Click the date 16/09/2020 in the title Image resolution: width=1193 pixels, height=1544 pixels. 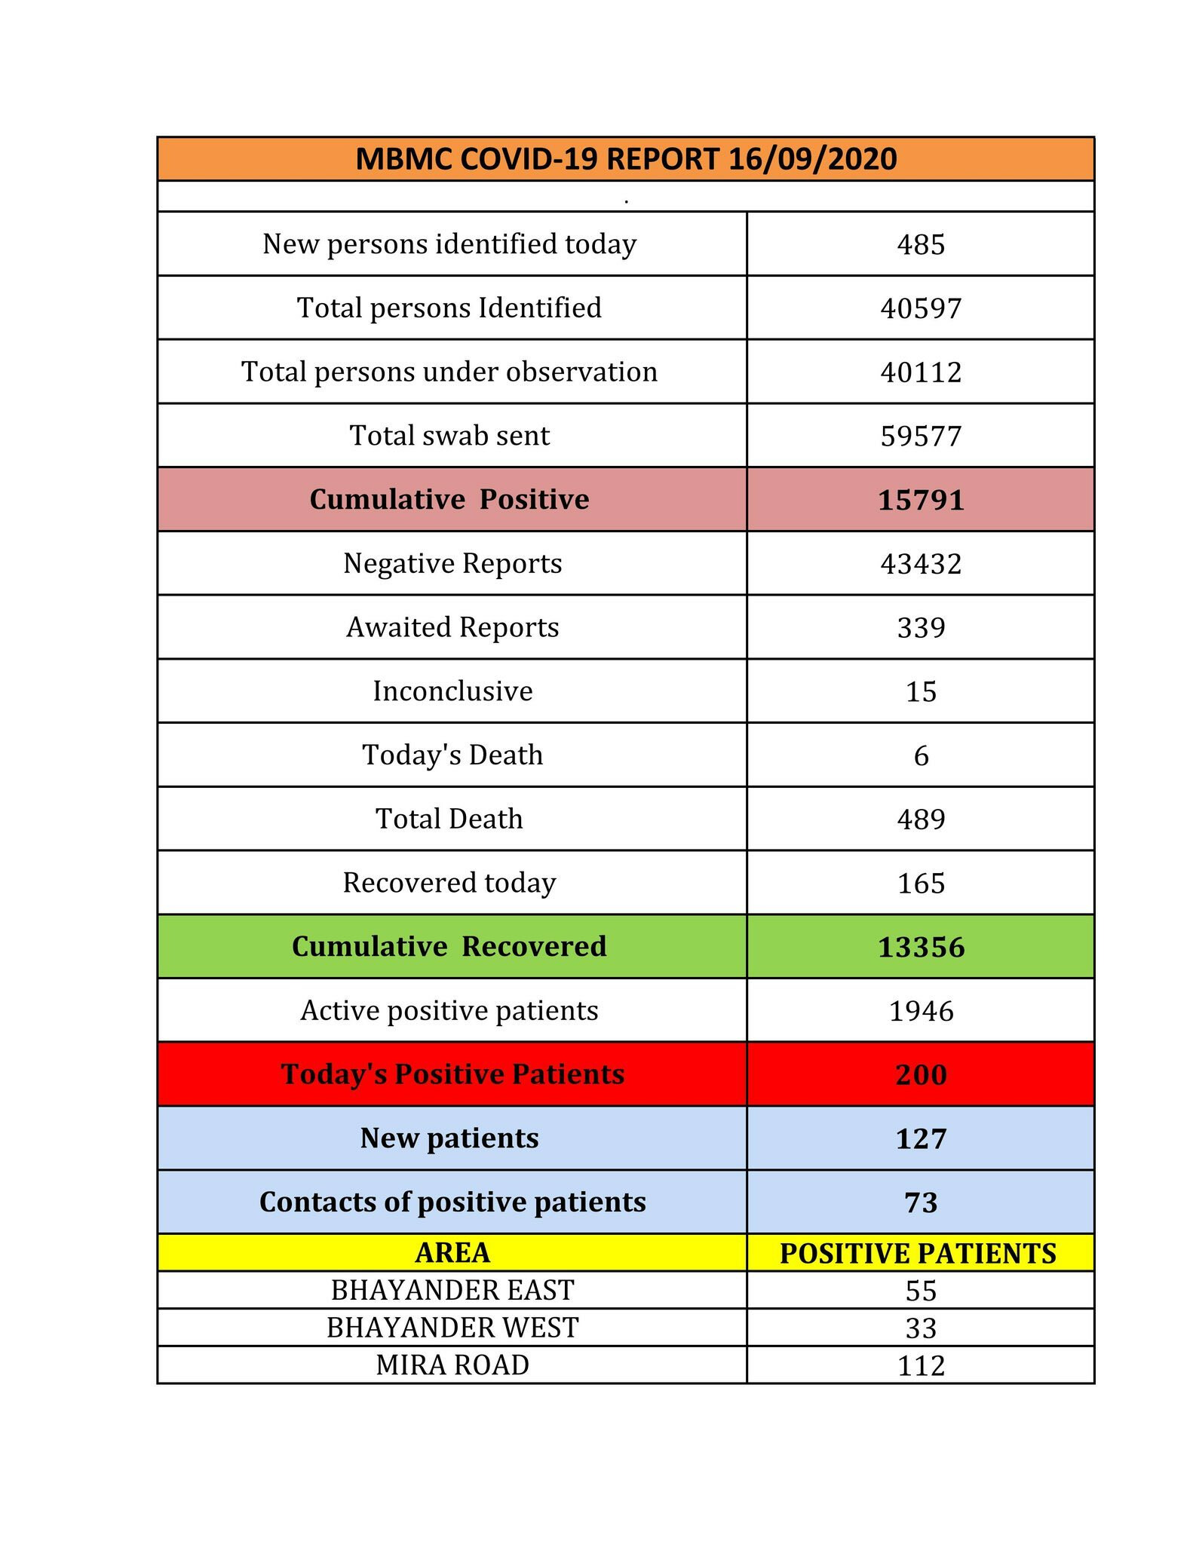(812, 159)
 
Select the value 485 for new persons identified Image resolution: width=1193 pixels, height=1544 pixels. (921, 244)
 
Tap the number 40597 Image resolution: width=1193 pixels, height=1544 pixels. (921, 308)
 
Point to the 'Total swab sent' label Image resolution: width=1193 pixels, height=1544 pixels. (449, 436)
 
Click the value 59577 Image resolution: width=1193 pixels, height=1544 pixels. (921, 437)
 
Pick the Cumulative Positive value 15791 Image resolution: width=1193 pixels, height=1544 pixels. (921, 501)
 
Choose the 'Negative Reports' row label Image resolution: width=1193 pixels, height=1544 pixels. (452, 564)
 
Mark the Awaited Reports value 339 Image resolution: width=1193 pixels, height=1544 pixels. (921, 628)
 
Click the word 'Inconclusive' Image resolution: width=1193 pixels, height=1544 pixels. (452, 691)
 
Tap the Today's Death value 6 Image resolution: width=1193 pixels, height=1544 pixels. (921, 756)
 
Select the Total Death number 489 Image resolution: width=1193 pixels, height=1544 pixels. (921, 819)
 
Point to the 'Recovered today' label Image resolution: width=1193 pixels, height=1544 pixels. (449, 883)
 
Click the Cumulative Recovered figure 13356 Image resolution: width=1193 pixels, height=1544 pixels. (921, 948)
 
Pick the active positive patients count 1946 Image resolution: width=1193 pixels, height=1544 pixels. (921, 1012)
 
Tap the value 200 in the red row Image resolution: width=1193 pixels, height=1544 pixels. (921, 1075)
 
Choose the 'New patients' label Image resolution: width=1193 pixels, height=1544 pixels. (449, 1138)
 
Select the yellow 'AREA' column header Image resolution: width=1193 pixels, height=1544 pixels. (452, 1253)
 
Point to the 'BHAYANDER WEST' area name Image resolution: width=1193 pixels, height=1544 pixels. (452, 1328)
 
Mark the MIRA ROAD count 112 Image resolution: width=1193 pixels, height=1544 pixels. (921, 1366)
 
